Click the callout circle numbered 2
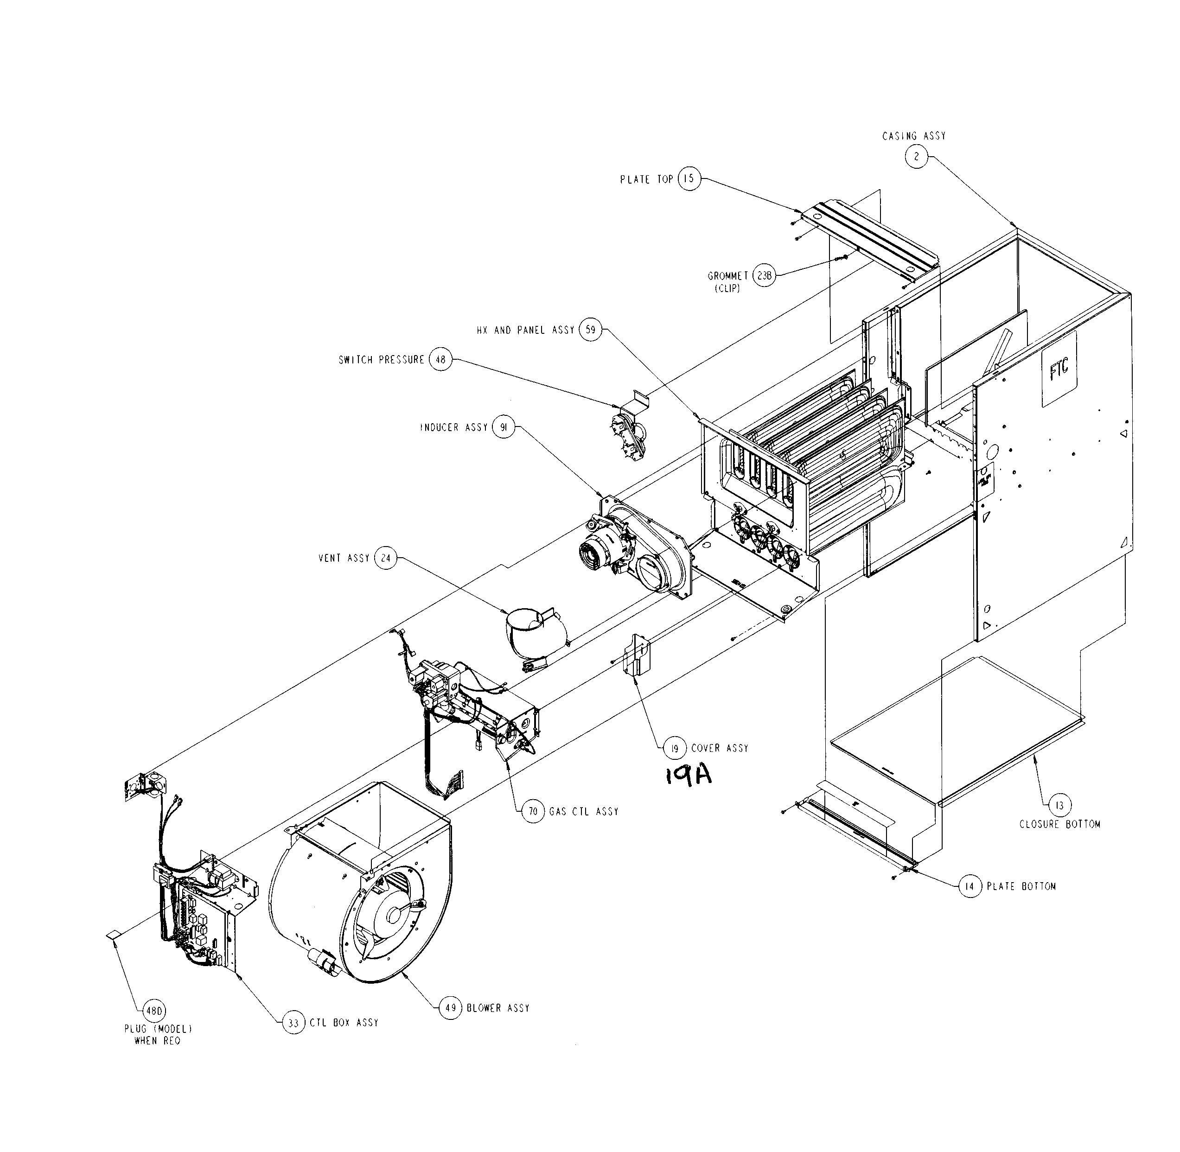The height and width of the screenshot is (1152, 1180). [x=916, y=157]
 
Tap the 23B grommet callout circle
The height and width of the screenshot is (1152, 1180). [x=764, y=276]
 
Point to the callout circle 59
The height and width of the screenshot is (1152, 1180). [x=591, y=330]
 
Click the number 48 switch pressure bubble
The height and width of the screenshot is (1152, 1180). [x=440, y=359]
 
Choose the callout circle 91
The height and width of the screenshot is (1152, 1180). [x=503, y=427]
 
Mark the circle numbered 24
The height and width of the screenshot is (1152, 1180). [x=385, y=558]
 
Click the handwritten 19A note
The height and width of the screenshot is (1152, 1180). [x=688, y=775]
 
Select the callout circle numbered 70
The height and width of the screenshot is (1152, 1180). [x=533, y=811]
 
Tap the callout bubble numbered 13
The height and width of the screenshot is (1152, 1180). [x=1059, y=806]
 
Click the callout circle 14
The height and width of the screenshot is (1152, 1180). [x=970, y=886]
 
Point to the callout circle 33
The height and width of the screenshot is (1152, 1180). [x=293, y=1023]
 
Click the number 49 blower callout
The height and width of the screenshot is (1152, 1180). [x=450, y=1008]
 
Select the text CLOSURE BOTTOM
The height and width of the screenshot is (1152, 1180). [x=1059, y=824]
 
